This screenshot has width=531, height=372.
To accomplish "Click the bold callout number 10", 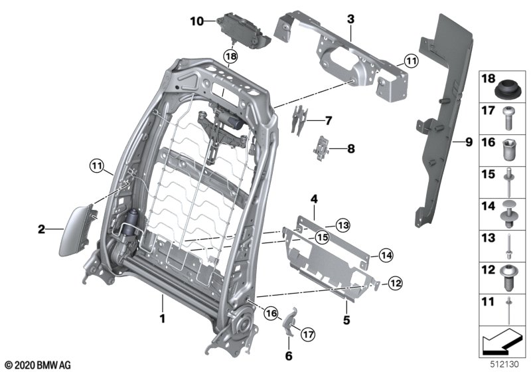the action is point(196,21).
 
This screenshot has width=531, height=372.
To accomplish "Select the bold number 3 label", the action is point(350,19).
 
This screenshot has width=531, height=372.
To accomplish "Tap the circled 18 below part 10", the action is point(230,56).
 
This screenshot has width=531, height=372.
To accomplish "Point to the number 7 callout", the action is point(328,121).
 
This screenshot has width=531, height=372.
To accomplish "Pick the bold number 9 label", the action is point(469,142).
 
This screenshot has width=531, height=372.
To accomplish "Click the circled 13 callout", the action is point(343,225).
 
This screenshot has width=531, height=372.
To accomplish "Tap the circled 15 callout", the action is point(323,238).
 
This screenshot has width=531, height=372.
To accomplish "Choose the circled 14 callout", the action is point(386,255).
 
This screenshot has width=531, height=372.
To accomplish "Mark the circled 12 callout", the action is point(395,283).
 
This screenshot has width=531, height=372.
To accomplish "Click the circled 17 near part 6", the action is point(308,334).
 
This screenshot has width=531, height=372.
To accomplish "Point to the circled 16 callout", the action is point(271,314).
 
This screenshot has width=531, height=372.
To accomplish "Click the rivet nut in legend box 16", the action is point(508,150).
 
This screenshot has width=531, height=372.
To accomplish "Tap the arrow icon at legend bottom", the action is point(501,341).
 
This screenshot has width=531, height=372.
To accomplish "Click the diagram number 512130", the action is point(504,365).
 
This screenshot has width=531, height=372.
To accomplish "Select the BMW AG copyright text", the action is point(38,365).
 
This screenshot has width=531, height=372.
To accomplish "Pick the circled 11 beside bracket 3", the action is point(411,61).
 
